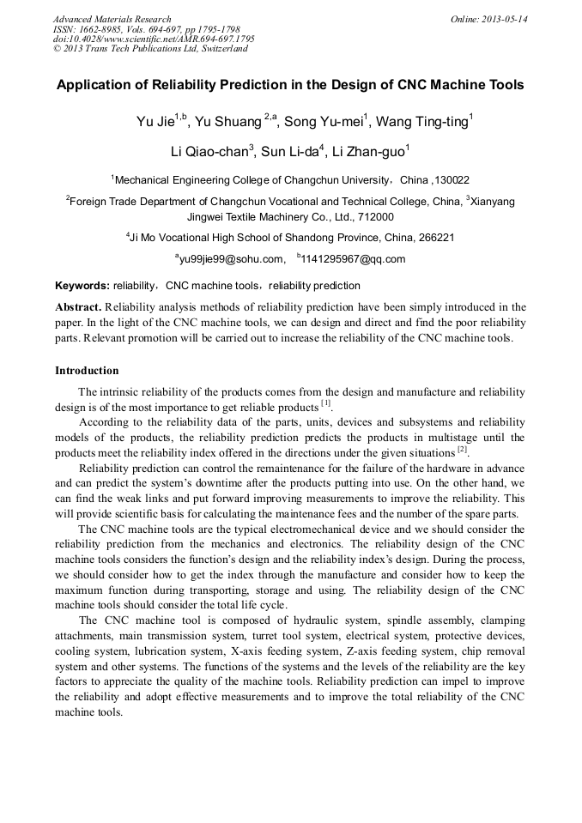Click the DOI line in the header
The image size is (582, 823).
point(154,39)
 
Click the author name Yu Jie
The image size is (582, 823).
point(155,122)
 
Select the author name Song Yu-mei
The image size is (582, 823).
point(324,122)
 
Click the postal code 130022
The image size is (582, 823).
point(451,180)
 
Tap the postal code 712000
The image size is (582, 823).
point(376,217)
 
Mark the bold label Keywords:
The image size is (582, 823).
point(82,286)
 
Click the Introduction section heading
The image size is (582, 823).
point(87,371)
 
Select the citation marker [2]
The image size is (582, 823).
point(462,449)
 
